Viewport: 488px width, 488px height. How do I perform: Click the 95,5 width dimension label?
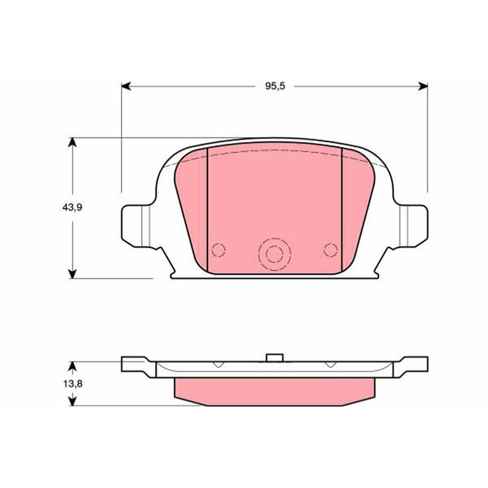pyautogui.click(x=275, y=86)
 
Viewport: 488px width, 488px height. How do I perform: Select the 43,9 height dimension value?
pyautogui.click(x=72, y=207)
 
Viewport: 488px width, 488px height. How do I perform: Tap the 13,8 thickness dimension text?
pyautogui.click(x=73, y=384)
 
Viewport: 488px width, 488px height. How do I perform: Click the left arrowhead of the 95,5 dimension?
pyautogui.click(x=126, y=86)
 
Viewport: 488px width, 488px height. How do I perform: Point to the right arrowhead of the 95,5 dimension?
pyautogui.click(x=423, y=86)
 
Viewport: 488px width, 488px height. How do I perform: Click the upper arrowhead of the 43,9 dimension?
pyautogui.click(x=72, y=142)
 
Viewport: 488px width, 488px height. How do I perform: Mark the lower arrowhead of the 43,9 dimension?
pyautogui.click(x=72, y=274)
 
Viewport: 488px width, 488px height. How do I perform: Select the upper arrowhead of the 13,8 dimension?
pyautogui.click(x=72, y=366)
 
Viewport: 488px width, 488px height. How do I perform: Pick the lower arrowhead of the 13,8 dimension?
pyautogui.click(x=72, y=401)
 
